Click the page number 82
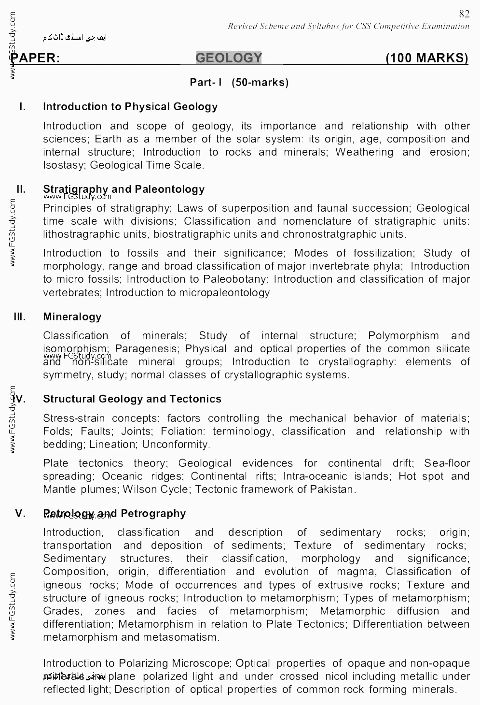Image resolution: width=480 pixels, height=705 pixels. pos(464,14)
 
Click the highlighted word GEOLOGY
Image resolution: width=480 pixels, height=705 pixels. pos(229,58)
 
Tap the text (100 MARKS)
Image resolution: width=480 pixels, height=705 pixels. pos(427,58)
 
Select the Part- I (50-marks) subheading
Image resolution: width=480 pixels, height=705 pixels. pos(239,82)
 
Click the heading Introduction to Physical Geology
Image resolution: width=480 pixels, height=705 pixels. pos(130,107)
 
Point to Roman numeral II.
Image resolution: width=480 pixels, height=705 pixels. pos(21,189)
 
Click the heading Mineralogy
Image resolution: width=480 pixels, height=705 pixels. pos(72,317)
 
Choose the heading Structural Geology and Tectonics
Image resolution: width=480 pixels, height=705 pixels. pos(132,399)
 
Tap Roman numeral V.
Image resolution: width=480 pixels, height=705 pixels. pos(20,513)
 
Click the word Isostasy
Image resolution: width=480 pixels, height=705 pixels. pos(63,165)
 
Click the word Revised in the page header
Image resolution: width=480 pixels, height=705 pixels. pos(244,26)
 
